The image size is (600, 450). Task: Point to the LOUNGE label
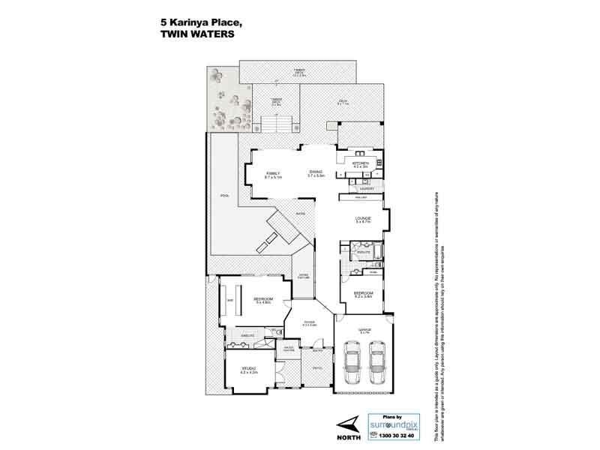[x=363, y=217]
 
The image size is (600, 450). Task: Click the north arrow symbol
[x=343, y=421]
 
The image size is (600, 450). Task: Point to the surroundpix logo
[x=397, y=424]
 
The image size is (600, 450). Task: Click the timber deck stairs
[x=276, y=124]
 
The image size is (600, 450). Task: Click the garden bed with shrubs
[x=229, y=102]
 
